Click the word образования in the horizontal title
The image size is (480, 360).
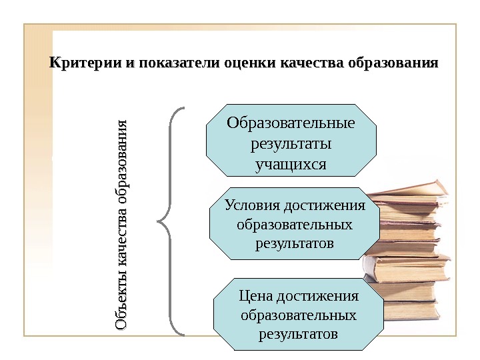coord(393,64)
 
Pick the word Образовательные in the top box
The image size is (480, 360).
coord(291,123)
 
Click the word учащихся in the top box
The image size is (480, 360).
coord(291,163)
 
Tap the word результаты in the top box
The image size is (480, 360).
coord(291,143)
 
